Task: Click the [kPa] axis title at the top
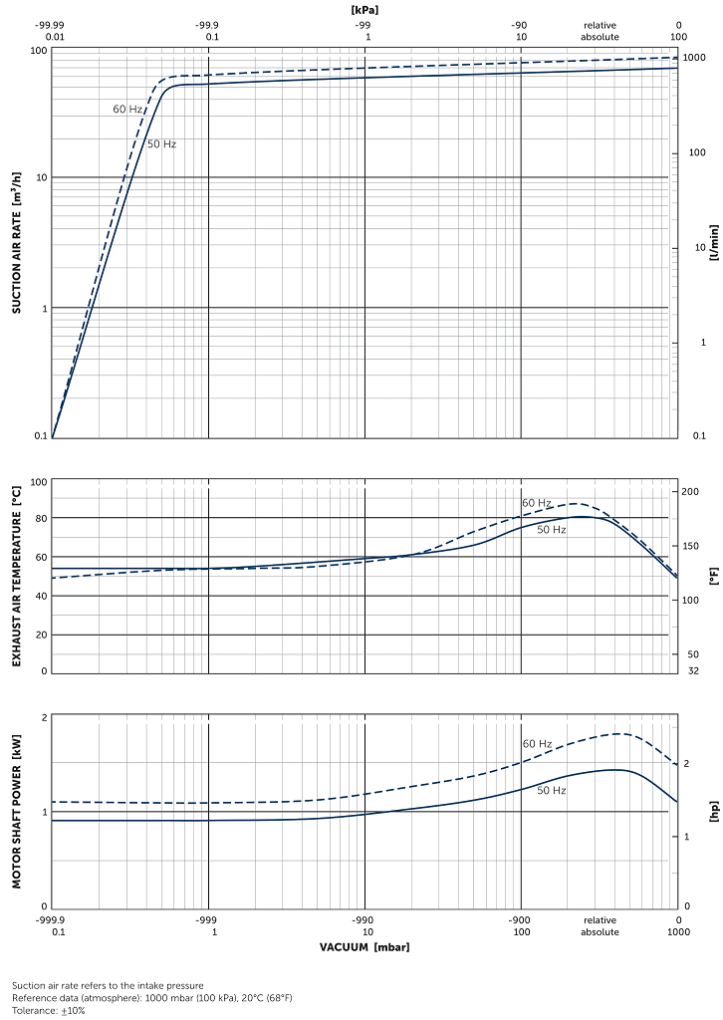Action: [364, 9]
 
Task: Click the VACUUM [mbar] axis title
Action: [364, 946]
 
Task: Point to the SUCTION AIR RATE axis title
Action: [16, 242]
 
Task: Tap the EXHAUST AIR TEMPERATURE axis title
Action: [16, 575]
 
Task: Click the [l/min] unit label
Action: [713, 242]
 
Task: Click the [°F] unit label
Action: [713, 575]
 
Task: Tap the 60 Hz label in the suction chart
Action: [127, 110]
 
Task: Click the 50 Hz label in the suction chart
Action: [162, 144]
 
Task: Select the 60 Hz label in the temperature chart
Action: [537, 503]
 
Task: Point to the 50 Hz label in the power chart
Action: [552, 790]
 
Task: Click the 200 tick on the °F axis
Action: [692, 492]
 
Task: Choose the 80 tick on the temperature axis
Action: [40, 519]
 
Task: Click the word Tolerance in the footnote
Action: [33, 1010]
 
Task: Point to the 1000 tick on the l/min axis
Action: [694, 58]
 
